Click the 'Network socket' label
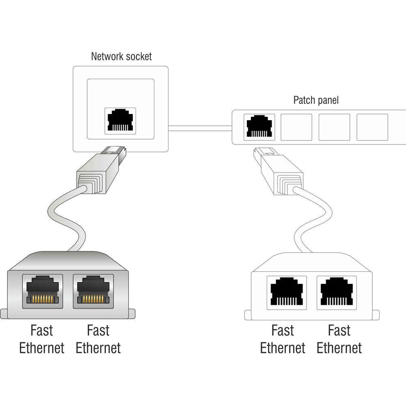pyautogui.click(x=121, y=56)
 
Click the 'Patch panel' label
pyautogui.click(x=315, y=100)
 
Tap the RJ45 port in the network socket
pyautogui.click(x=120, y=120)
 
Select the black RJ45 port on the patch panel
pyautogui.click(x=259, y=127)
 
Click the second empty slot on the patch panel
pyautogui.click(x=334, y=127)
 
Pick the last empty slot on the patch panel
pyautogui.click(x=371, y=127)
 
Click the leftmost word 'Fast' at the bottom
pyautogui.click(x=42, y=330)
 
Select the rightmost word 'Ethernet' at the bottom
pyautogui.click(x=339, y=348)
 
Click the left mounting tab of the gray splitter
pyautogui.click(x=4, y=314)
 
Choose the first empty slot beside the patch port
pyautogui.click(x=296, y=127)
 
